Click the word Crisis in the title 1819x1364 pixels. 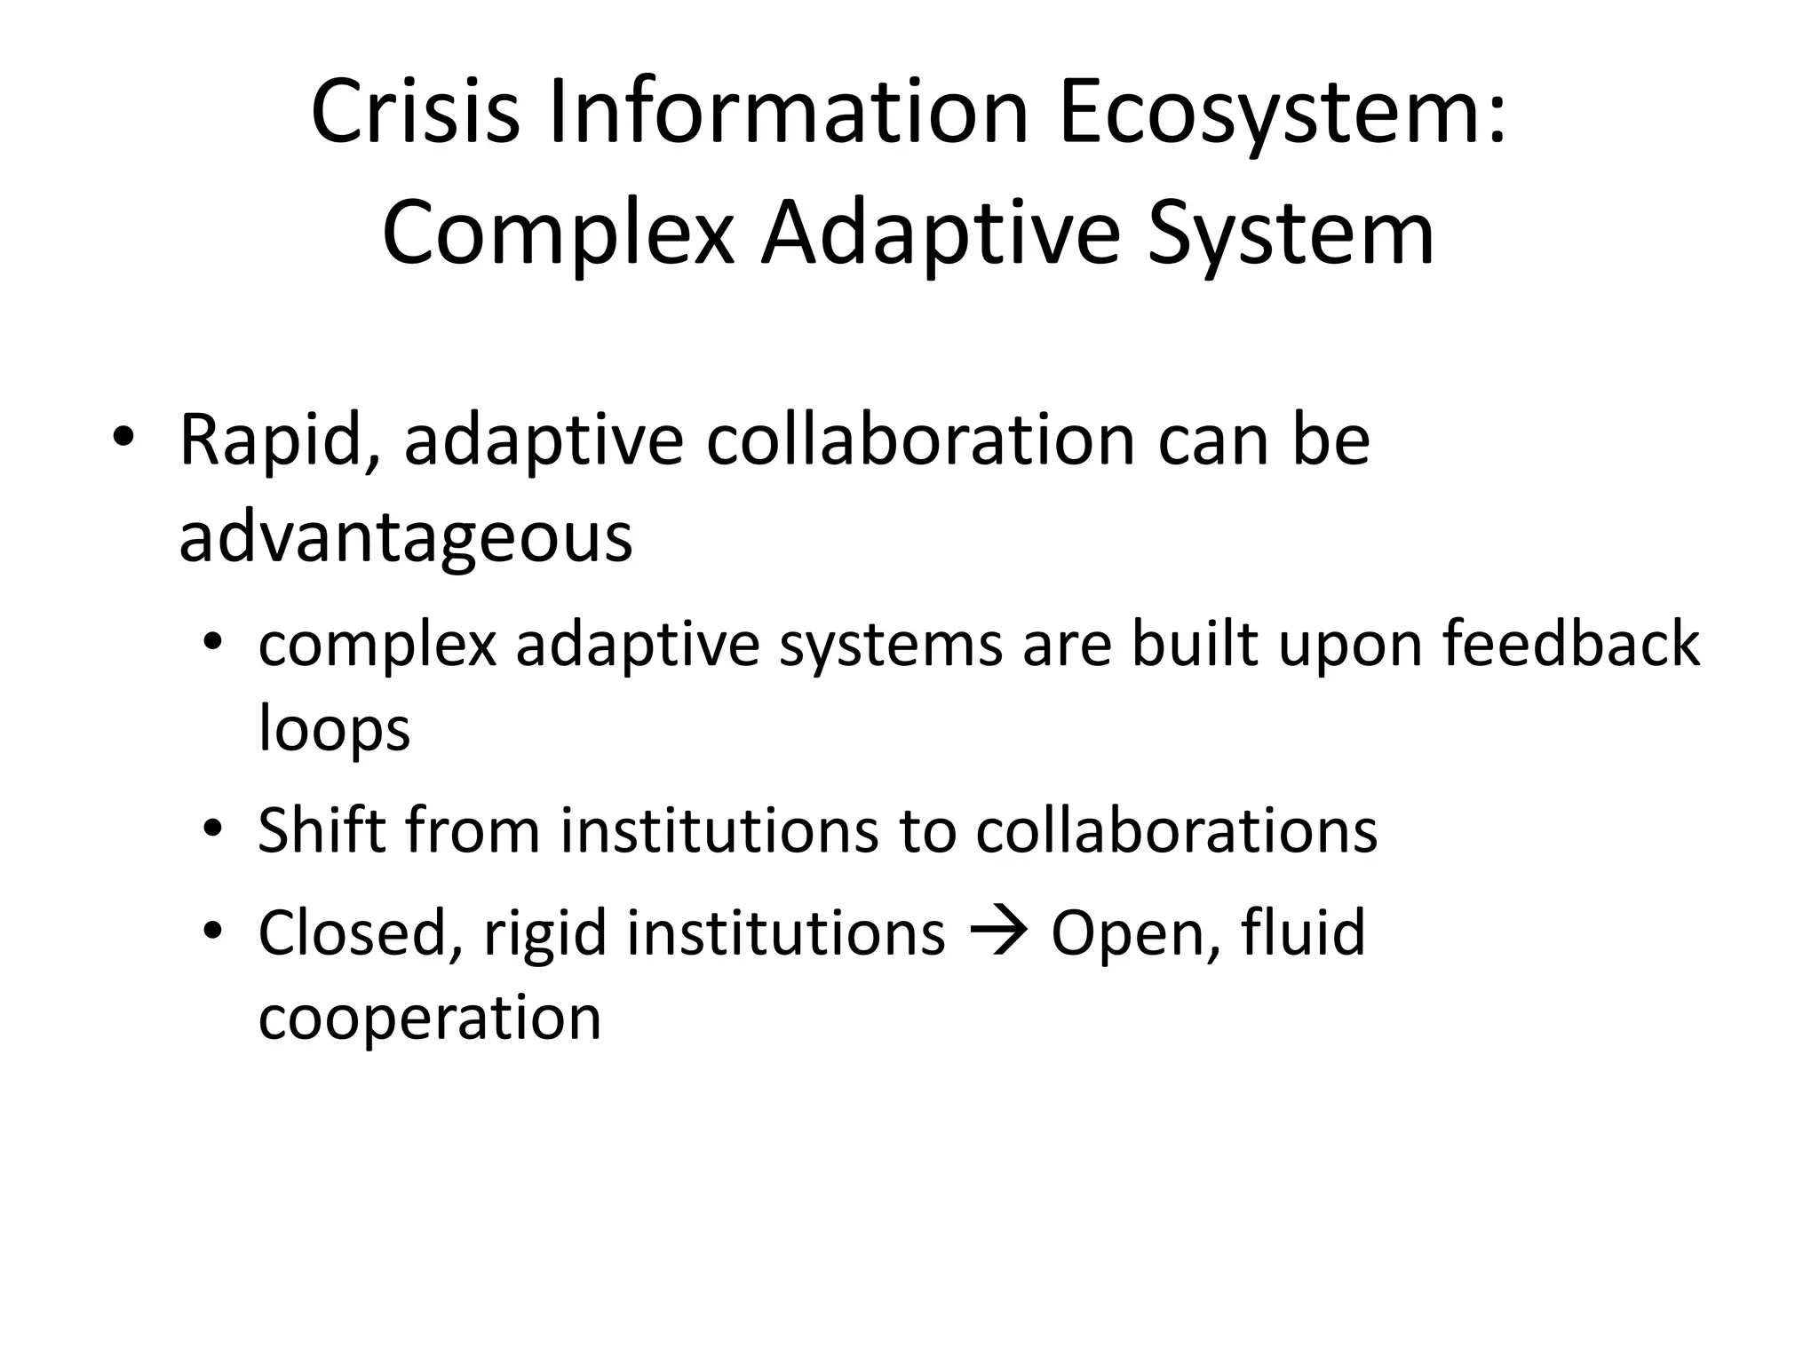click(x=415, y=113)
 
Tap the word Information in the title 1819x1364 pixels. click(x=789, y=113)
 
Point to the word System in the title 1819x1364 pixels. click(x=1290, y=234)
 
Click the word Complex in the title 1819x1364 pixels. click(x=558, y=234)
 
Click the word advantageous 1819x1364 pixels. click(x=406, y=537)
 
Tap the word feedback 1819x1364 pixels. click(x=1570, y=644)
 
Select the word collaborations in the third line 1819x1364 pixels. click(x=1176, y=830)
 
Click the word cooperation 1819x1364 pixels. click(x=430, y=1018)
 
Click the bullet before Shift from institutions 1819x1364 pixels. click(x=210, y=830)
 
